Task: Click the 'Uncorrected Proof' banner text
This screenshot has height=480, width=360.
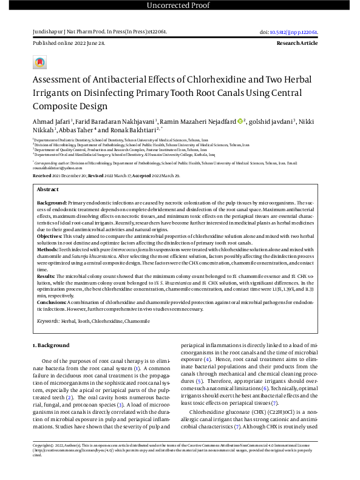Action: click(x=180, y=6)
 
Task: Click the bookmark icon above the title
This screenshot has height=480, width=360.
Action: click(x=39, y=62)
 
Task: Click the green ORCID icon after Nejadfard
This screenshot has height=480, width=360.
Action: click(x=240, y=121)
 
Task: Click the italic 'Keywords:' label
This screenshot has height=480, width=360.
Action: click(x=49, y=320)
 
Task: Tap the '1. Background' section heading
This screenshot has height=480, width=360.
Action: click(x=51, y=345)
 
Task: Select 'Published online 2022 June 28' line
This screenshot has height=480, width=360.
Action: click(x=69, y=44)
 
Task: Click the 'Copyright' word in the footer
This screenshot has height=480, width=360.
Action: click(x=42, y=462)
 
